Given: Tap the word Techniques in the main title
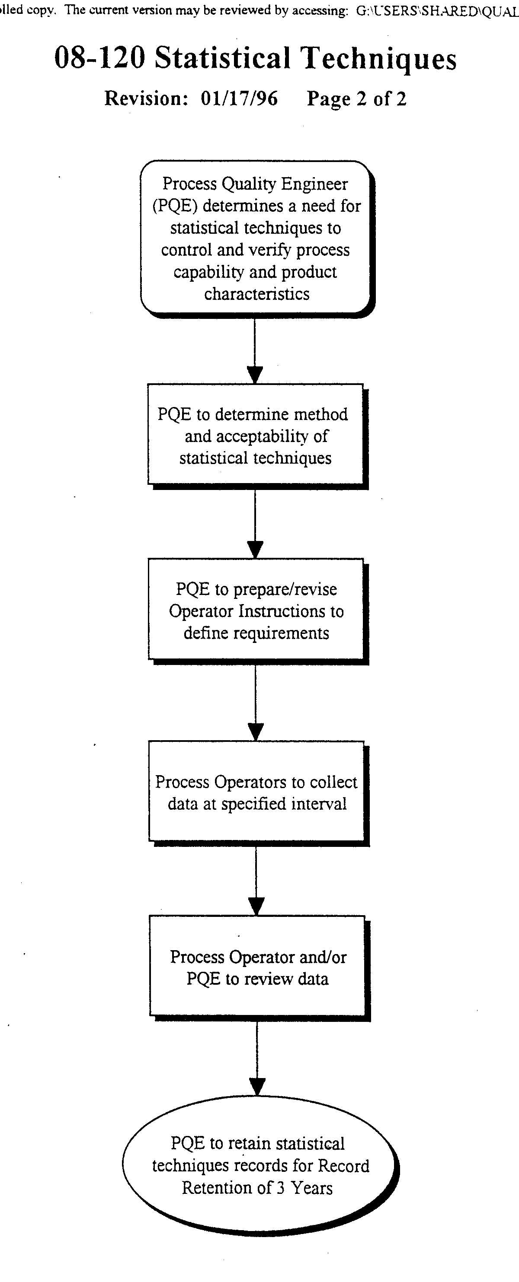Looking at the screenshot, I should click(x=380, y=59).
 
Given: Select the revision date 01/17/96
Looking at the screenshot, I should click(x=239, y=98).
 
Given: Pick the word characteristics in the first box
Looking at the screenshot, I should click(x=256, y=294).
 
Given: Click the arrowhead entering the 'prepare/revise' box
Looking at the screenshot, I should click(x=255, y=550).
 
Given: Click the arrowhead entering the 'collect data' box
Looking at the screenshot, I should click(x=256, y=732).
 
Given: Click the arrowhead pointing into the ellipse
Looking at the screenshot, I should click(x=257, y=1086).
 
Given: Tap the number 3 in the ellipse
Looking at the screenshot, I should click(x=280, y=1188).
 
